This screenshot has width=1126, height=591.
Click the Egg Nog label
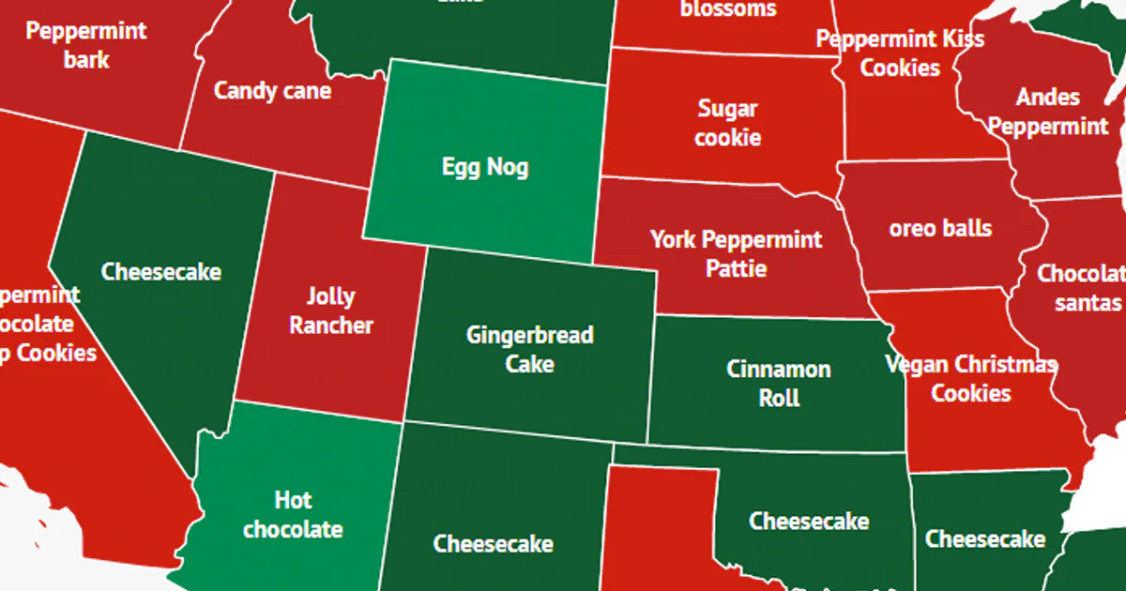[485, 168]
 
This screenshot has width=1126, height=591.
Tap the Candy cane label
[272, 91]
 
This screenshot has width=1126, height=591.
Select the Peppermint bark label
[86, 45]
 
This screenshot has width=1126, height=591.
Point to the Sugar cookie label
[729, 123]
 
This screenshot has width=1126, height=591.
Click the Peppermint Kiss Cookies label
[900, 53]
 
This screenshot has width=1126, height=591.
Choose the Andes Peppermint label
[1048, 112]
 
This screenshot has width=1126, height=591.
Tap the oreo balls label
[940, 228]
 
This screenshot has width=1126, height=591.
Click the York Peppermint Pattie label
[737, 253]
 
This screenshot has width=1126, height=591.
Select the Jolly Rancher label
[330, 311]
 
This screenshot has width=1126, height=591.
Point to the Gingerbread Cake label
[530, 349]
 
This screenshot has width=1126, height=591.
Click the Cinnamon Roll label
[779, 383]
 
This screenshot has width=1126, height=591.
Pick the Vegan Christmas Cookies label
[971, 378]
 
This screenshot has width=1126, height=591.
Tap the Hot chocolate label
[293, 514]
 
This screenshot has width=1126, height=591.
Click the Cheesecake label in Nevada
[161, 272]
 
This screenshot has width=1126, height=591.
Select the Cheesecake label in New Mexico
[493, 544]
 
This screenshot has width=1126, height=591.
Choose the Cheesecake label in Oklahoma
[809, 522]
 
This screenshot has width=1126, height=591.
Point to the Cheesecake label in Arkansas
[985, 539]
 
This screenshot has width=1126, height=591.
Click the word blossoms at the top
[728, 9]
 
